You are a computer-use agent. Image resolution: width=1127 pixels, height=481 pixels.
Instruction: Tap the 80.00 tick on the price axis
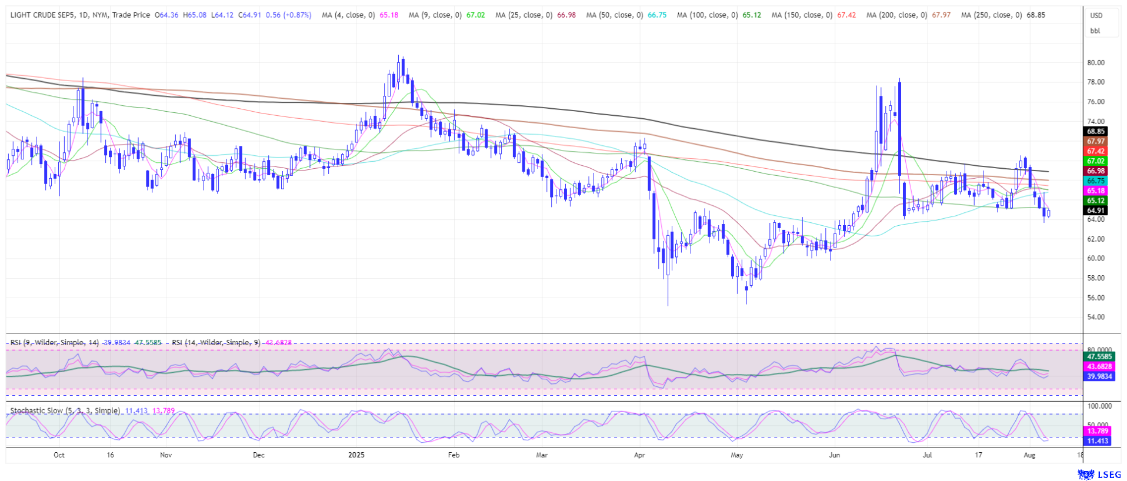(1095, 63)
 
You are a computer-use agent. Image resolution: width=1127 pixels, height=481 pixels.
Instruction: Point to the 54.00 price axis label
(1095, 318)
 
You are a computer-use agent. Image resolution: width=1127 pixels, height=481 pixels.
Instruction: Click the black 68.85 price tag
(1095, 132)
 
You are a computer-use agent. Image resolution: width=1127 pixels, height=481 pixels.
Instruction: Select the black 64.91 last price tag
(1095, 211)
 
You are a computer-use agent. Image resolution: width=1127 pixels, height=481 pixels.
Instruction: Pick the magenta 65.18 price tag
(1095, 191)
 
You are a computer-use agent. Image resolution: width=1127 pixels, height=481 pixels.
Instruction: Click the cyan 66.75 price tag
(1095, 181)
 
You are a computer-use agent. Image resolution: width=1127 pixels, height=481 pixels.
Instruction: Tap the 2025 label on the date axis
(356, 455)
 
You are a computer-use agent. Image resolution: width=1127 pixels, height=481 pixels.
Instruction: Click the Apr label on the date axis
(639, 455)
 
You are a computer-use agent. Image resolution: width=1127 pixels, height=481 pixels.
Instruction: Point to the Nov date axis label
(166, 455)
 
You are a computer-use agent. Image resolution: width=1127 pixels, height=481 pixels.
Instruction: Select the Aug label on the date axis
(1029, 455)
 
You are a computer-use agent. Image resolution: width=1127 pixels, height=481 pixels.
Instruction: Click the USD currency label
(1096, 16)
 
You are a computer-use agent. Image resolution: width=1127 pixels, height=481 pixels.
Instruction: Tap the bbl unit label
(1095, 31)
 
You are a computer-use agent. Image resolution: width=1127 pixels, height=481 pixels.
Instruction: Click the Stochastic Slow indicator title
(65, 411)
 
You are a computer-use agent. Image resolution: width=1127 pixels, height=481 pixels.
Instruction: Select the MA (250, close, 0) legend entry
(992, 15)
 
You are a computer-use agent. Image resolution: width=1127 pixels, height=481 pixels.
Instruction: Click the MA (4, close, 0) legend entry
(348, 15)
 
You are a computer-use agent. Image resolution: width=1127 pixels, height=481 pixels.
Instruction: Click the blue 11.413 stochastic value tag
(1098, 441)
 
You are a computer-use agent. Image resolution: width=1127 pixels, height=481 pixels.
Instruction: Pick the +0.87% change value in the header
(297, 15)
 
